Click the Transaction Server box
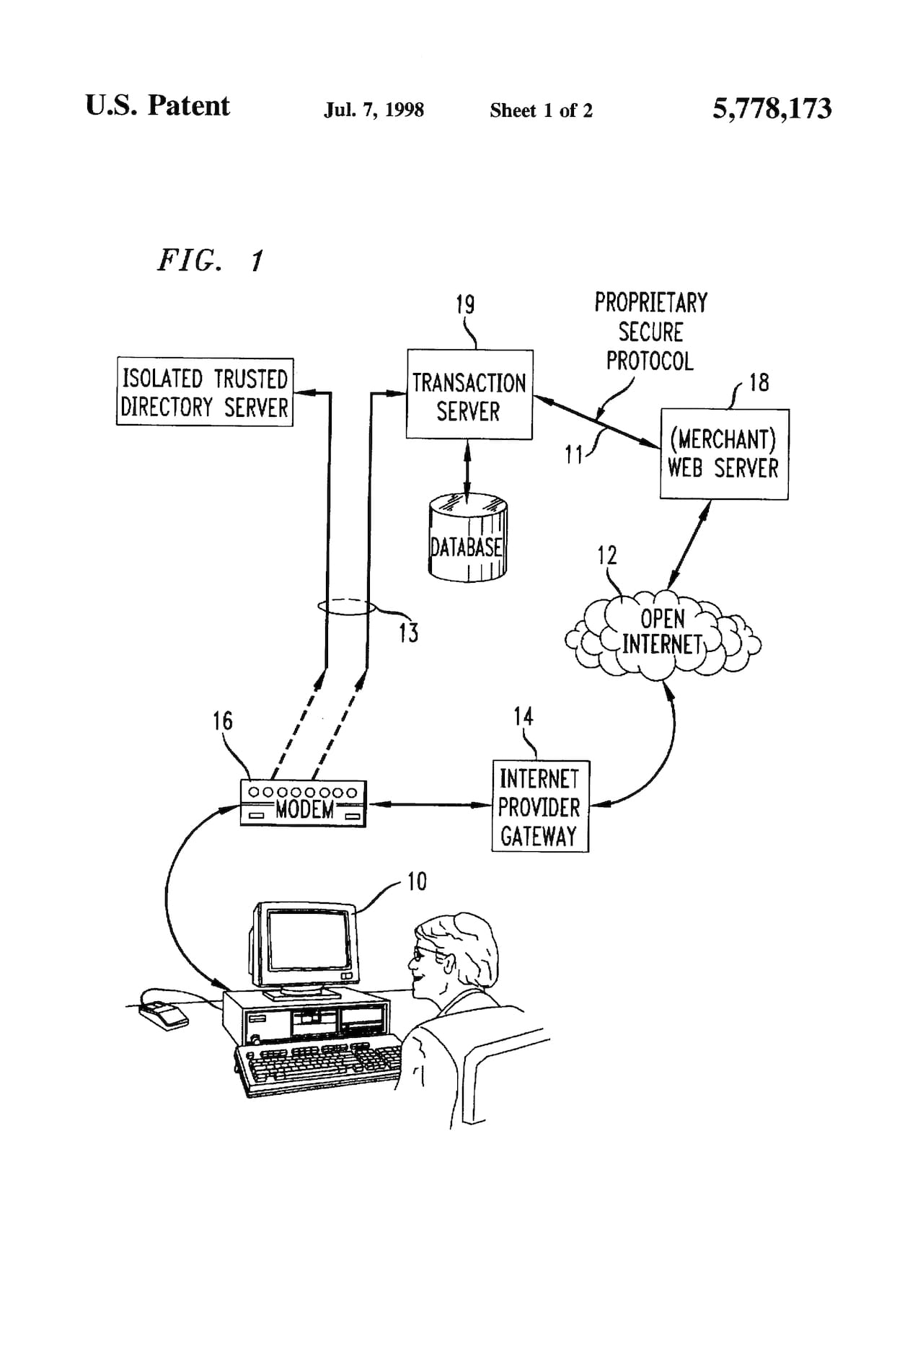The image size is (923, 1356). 469,395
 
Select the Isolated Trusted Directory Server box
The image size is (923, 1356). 205,392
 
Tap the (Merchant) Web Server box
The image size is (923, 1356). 724,454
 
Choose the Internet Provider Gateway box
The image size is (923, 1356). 540,806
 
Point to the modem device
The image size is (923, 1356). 303,804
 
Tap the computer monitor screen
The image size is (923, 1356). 308,940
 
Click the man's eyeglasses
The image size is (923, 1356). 421,954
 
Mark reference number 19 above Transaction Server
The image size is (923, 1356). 465,304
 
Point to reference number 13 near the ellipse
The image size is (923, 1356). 408,633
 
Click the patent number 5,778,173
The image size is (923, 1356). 772,109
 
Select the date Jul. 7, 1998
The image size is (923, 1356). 374,110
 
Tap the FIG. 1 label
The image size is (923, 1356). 211,260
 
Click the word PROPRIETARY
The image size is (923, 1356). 650,302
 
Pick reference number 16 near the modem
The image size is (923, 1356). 223,721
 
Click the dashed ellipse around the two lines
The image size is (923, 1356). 347,607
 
